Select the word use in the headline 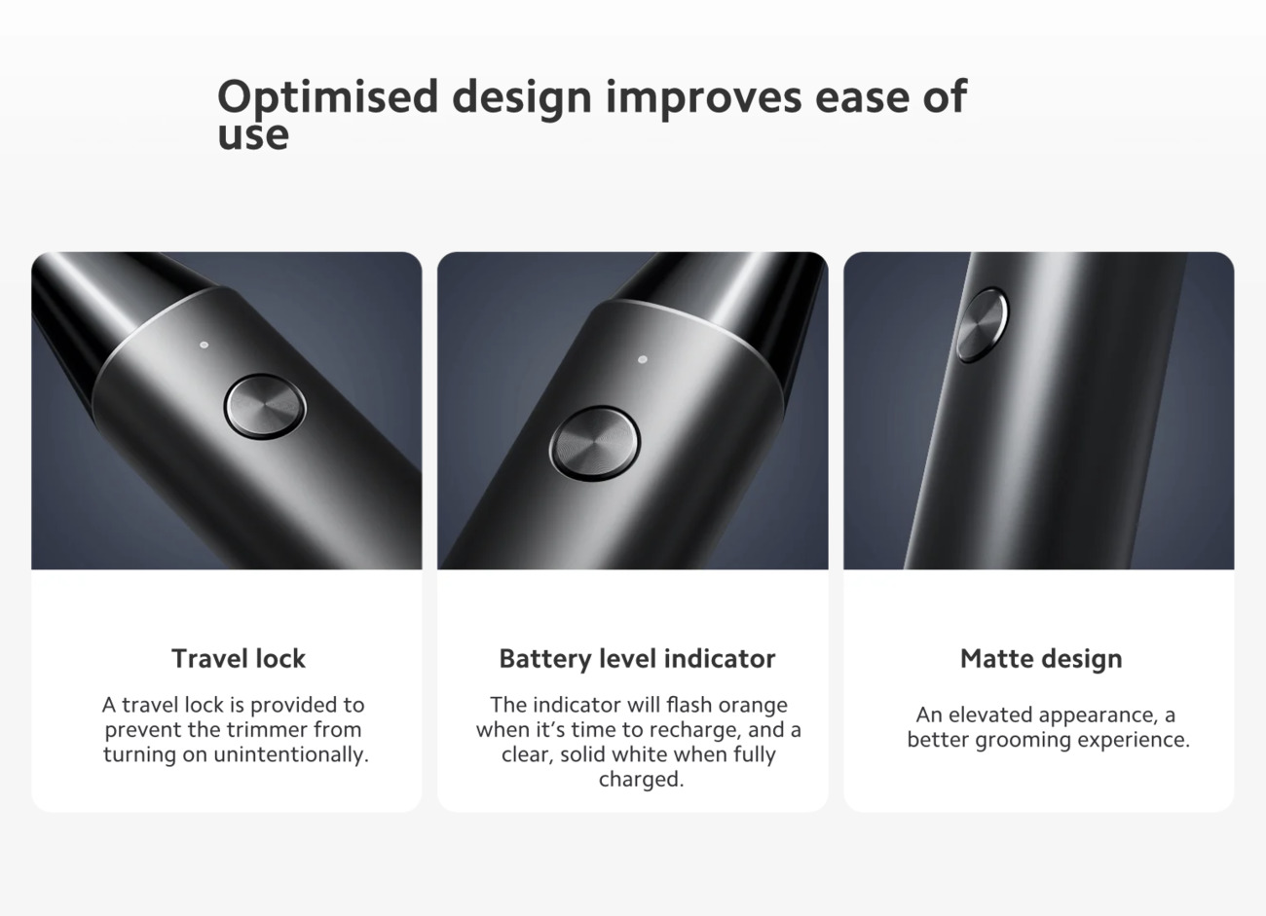pyautogui.click(x=253, y=135)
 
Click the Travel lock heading pyautogui.click(x=239, y=658)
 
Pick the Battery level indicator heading pyautogui.click(x=637, y=659)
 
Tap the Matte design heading pyautogui.click(x=1041, y=659)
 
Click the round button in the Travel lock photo pyautogui.click(x=265, y=406)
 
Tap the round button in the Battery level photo pyautogui.click(x=594, y=444)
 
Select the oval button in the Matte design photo pyautogui.click(x=983, y=325)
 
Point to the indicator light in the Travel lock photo pyautogui.click(x=205, y=345)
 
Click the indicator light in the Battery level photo pyautogui.click(x=642, y=359)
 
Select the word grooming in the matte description pyautogui.click(x=1024, y=740)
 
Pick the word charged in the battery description pyautogui.click(x=641, y=780)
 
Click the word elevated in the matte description pyautogui.click(x=990, y=714)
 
